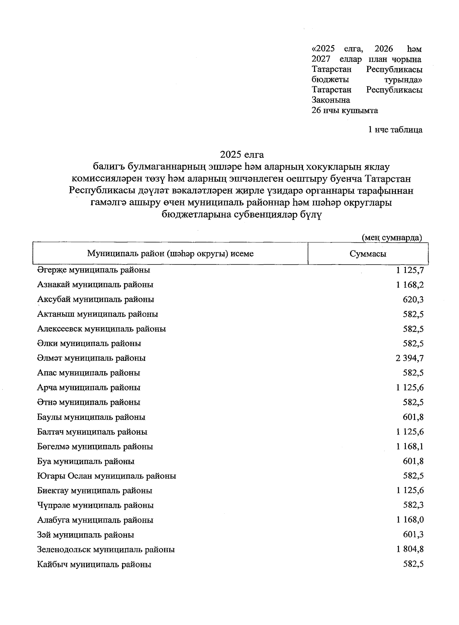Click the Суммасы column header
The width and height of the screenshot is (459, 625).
click(x=368, y=254)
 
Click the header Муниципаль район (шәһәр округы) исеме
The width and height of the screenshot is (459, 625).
click(x=170, y=253)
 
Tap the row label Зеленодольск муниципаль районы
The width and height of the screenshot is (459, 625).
click(x=106, y=549)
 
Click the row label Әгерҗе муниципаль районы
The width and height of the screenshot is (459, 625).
click(x=94, y=270)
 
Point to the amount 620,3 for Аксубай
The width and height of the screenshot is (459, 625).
click(x=413, y=299)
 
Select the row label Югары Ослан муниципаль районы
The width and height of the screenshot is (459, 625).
click(x=107, y=476)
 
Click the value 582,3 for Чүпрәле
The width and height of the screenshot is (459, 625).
click(x=413, y=505)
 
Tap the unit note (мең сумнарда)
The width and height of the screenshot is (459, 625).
click(x=392, y=237)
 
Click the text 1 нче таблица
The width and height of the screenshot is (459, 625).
click(x=395, y=130)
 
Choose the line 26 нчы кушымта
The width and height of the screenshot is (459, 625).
click(x=345, y=110)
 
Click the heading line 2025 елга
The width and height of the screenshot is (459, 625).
click(x=242, y=154)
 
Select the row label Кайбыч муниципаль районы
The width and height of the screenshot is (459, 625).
click(x=94, y=564)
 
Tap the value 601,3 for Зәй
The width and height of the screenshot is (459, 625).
click(x=413, y=534)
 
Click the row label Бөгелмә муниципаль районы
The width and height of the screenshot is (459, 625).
click(x=95, y=446)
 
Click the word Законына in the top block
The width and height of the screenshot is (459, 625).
click(x=331, y=100)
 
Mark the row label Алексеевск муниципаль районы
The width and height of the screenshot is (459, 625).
click(x=102, y=329)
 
